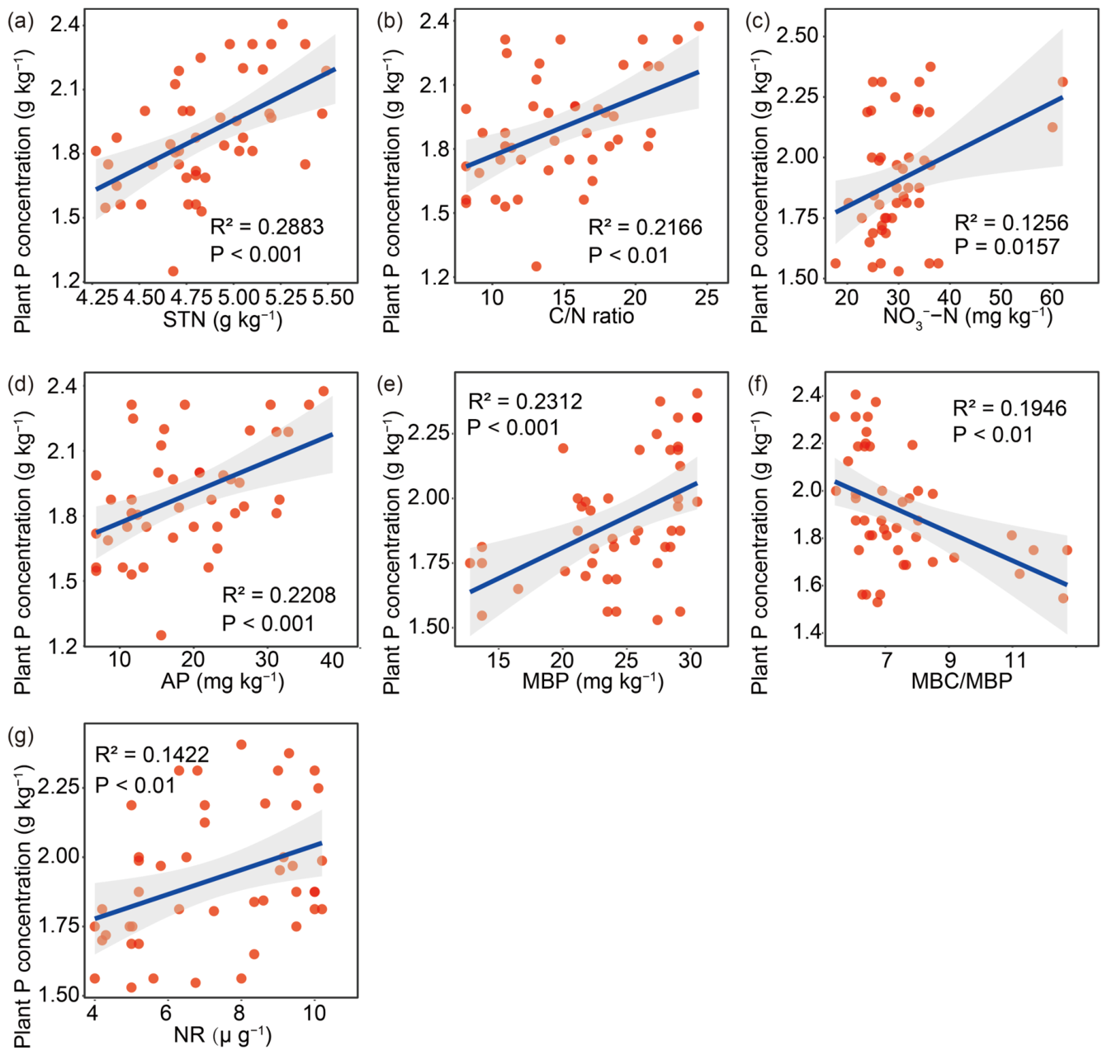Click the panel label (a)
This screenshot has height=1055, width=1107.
(21, 22)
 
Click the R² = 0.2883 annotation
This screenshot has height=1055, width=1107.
(267, 226)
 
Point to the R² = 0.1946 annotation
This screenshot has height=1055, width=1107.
(1010, 408)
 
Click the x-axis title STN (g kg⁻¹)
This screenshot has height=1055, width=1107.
(222, 319)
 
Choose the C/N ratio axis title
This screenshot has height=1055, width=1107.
(591, 316)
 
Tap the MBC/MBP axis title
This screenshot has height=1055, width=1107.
(962, 681)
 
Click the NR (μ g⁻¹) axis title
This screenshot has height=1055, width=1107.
(222, 1034)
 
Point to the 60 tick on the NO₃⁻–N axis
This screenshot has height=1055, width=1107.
(1051, 296)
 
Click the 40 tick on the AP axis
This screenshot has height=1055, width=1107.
(332, 659)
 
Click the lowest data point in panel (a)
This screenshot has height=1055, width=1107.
(173, 271)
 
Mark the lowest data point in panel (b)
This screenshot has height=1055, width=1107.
(536, 266)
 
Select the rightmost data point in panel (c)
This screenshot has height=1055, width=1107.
(1062, 82)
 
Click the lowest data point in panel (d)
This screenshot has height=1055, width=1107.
(161, 635)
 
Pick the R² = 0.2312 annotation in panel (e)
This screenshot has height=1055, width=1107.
(525, 401)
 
